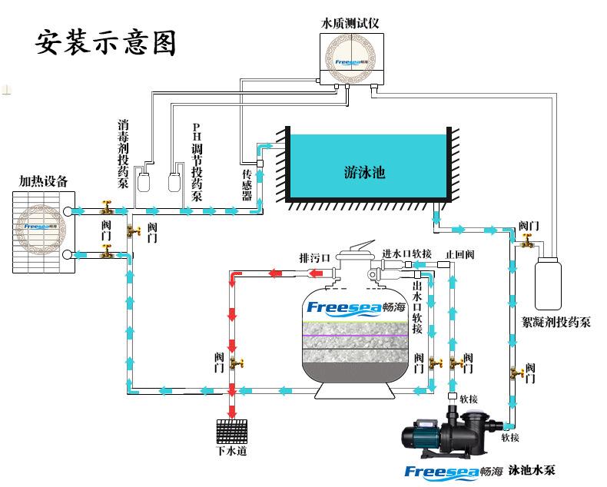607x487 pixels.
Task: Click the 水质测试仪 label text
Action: point(350,23)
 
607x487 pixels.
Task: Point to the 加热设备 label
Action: point(44,181)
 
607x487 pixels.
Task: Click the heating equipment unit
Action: point(43,231)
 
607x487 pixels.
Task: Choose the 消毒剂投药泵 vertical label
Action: point(123,154)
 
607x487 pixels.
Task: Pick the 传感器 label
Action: point(247,185)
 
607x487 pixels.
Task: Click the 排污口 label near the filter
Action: point(313,257)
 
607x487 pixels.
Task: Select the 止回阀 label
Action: point(459,253)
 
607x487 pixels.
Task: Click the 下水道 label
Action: point(231,451)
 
